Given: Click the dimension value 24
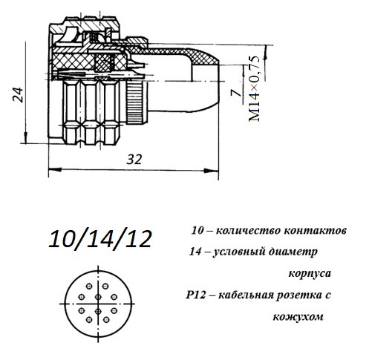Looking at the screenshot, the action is click(x=18, y=95).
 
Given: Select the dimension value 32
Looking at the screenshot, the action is click(x=134, y=160).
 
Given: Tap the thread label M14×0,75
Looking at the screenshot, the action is click(x=255, y=88).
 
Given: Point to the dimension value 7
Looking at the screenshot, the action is click(x=236, y=93).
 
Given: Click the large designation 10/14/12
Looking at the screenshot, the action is click(x=99, y=239).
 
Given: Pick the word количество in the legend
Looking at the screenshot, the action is click(x=249, y=231).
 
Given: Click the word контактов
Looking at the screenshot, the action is click(x=315, y=231).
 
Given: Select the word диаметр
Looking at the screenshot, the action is click(x=293, y=252).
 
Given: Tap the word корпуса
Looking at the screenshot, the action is click(x=310, y=274).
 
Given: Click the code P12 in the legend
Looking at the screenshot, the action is click(x=195, y=295).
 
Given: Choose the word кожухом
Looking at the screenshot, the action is click(x=298, y=317).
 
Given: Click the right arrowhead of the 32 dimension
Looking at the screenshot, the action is click(x=212, y=170).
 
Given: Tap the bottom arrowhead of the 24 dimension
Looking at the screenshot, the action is click(x=25, y=137).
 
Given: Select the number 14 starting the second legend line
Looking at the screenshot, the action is click(x=195, y=252).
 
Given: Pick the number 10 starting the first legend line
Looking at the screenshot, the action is click(x=198, y=231).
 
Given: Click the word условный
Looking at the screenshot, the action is click(x=239, y=252).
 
